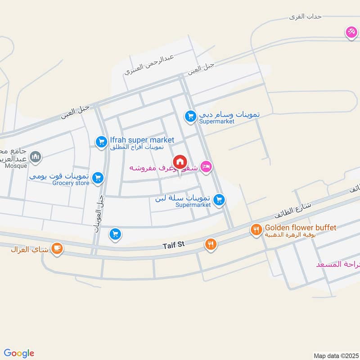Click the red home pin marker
click(180, 162)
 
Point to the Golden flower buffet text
click(301, 228)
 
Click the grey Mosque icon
click(35, 157)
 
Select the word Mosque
click(17, 165)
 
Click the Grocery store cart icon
click(97, 179)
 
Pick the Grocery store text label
click(71, 183)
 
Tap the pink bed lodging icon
click(206, 167)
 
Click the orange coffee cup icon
click(57, 248)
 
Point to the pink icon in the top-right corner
click(351, 32)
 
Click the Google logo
click(18, 353)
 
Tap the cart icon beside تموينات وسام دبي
click(190, 117)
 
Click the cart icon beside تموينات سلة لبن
click(219, 199)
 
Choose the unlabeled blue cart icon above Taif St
click(115, 234)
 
